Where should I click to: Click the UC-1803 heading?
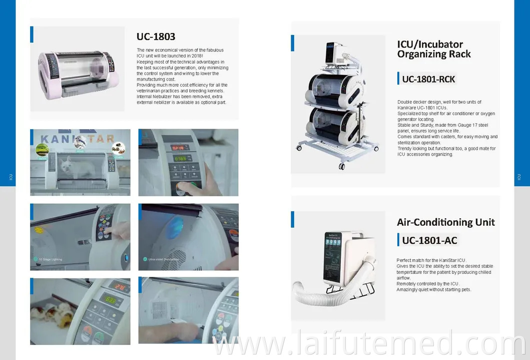(156, 37)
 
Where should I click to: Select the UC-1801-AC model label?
(429, 240)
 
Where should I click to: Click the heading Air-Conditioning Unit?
(445, 222)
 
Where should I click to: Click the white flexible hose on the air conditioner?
(321, 295)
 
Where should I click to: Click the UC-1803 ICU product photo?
(78, 69)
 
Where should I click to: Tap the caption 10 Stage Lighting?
(51, 259)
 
